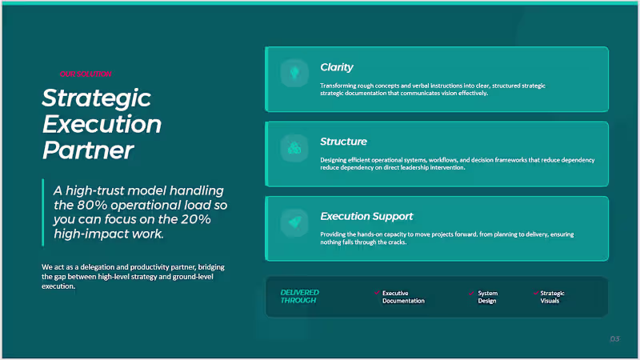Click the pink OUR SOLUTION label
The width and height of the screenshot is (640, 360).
(x=85, y=74)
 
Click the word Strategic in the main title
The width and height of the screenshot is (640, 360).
(x=96, y=98)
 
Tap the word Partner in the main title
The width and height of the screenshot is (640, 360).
(x=87, y=150)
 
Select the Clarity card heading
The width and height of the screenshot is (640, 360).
(x=337, y=67)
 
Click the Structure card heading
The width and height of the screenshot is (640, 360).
(x=343, y=142)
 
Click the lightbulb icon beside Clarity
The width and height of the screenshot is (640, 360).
(x=294, y=74)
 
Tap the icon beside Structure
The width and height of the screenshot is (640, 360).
(x=294, y=148)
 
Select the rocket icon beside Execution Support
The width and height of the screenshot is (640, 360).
(x=294, y=222)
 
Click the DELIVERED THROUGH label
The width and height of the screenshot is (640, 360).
(x=300, y=297)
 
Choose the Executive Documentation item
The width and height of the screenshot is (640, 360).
(x=403, y=297)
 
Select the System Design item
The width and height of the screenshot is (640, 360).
(x=487, y=297)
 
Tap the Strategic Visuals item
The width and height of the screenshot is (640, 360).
(x=552, y=297)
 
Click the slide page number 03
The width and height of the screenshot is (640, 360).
(x=614, y=340)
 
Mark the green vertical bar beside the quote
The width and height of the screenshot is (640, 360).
(x=43, y=212)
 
